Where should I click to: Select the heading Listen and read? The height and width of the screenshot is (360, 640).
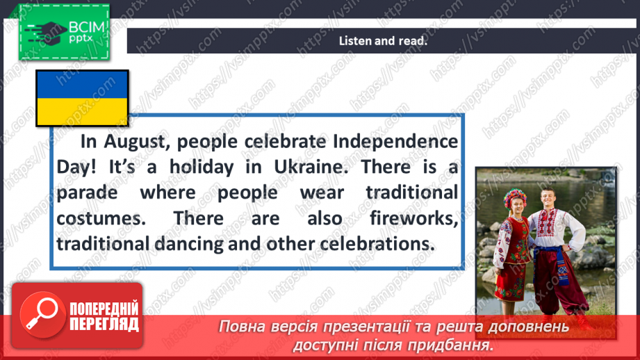pos(382,40)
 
